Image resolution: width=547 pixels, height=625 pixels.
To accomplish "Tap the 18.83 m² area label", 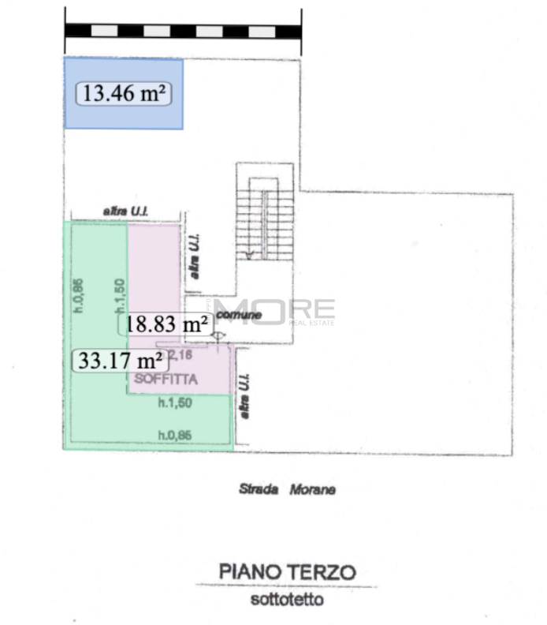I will point(166,324).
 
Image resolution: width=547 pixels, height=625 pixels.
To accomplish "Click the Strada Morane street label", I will point(287,489).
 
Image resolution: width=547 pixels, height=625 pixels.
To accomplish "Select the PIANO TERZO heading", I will point(287,571).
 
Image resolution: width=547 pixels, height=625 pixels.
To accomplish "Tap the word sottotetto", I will point(287,599).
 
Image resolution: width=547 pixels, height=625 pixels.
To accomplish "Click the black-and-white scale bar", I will point(183,31).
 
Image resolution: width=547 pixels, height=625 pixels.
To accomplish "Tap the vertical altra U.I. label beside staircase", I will point(194,256).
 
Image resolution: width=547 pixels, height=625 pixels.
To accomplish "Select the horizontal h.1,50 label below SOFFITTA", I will point(167,403).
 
